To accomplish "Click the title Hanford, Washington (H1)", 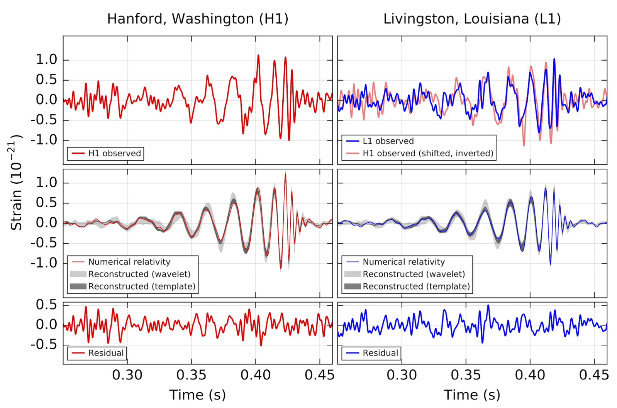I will [197, 19].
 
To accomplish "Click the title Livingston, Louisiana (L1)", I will [472, 19].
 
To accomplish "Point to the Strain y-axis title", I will [16, 183].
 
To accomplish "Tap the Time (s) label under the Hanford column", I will [197, 394].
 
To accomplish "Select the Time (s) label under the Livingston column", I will [472, 394].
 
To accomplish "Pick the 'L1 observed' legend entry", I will [388, 141].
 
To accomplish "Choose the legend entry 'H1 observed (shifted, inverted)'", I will [428, 153].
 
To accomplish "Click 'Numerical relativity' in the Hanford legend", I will [129, 262].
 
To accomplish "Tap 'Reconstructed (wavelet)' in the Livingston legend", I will [414, 274].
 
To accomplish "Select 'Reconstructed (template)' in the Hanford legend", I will [142, 286].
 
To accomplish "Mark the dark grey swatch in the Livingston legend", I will [352, 286].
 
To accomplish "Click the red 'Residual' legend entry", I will [106, 353].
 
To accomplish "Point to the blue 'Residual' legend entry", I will [380, 353].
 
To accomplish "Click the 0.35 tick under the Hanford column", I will [191, 375].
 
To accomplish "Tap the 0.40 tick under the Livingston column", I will [530, 375].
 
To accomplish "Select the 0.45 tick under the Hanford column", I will [319, 375].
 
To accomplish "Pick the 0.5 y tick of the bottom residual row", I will [46, 305].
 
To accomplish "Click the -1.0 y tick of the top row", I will [44, 140].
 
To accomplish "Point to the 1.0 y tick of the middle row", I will [46, 183].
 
